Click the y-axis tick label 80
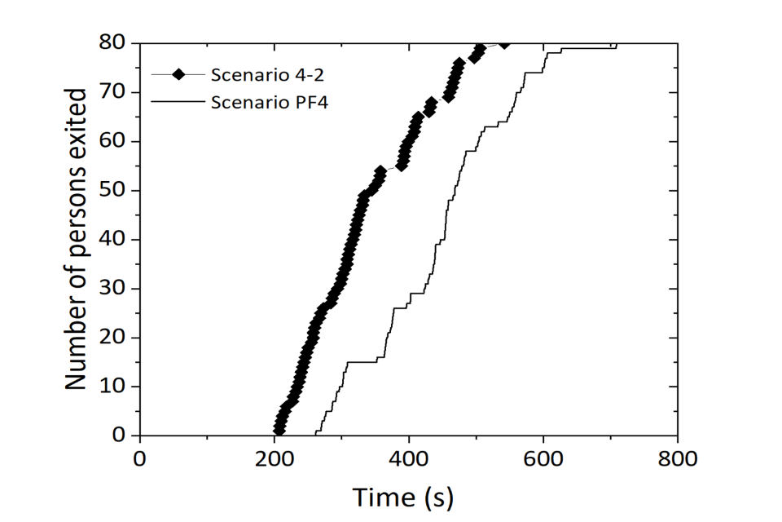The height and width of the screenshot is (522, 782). tap(116, 43)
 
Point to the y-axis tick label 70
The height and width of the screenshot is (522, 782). tap(116, 92)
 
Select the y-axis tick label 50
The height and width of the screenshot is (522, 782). tap(116, 190)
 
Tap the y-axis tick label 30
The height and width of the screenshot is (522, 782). tap(116, 288)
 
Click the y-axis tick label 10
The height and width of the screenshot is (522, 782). tap(116, 386)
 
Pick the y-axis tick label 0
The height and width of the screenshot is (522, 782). tap(122, 435)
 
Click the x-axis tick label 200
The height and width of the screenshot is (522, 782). tap(274, 458)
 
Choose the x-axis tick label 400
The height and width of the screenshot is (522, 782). tap(408, 458)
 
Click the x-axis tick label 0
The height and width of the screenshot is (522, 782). tap(140, 458)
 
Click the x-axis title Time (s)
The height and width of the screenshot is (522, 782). tap(402, 496)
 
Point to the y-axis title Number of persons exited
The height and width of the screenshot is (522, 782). tap(77, 238)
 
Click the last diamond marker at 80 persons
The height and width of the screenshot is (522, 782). tap(505, 43)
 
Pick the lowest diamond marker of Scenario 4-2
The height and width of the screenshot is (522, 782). tap(279, 429)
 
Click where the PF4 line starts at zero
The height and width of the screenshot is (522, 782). tap(315, 435)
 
